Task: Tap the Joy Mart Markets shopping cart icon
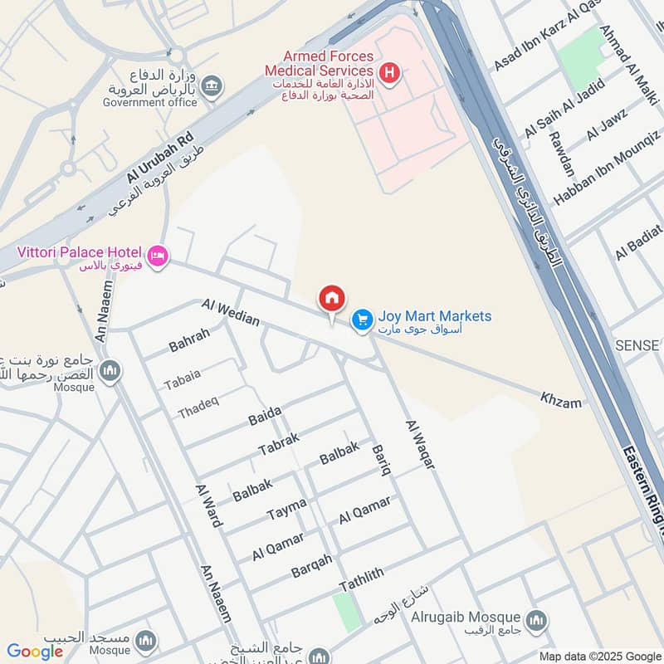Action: coord(362,319)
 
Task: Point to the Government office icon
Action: coord(213,86)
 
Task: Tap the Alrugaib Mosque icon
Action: coord(536,619)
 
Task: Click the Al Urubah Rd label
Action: coord(160,156)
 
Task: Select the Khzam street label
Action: coord(561,401)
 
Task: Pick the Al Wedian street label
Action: coord(231,311)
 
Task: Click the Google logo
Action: coord(35,652)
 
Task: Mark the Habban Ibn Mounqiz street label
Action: coord(607,166)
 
